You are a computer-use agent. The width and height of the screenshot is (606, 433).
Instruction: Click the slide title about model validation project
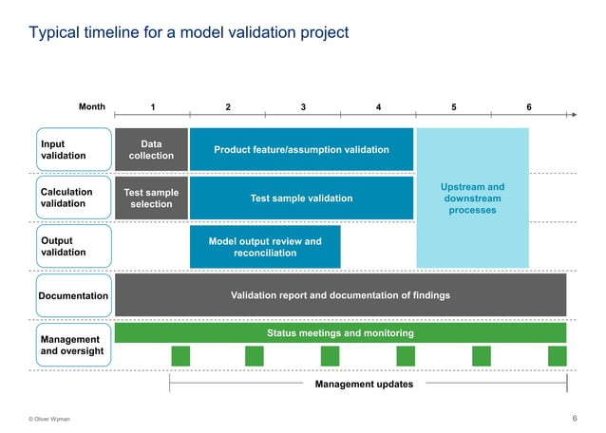[x=189, y=33]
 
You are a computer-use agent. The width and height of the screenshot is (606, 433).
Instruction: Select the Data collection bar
[x=151, y=150]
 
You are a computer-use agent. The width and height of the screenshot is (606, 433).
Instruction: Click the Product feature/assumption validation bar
[x=301, y=150]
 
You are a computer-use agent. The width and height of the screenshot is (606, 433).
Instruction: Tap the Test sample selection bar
[x=151, y=198]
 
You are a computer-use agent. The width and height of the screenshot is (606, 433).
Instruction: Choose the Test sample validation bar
[x=301, y=198]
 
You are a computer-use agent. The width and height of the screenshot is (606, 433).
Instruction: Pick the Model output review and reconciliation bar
[x=264, y=247]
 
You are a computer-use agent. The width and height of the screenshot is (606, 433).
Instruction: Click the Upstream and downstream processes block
[x=472, y=198]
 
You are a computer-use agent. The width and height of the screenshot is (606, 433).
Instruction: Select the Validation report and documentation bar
[x=340, y=295]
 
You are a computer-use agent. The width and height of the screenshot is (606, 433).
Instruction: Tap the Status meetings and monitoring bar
[x=340, y=333]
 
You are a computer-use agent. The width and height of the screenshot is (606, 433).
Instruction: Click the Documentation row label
[x=73, y=296]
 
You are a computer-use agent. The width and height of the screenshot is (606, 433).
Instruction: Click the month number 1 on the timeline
[x=152, y=107]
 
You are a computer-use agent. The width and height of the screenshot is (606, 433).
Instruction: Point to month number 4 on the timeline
[x=379, y=107]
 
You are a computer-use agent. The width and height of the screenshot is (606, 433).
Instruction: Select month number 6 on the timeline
[x=529, y=107]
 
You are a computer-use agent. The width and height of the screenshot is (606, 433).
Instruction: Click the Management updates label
[x=364, y=385]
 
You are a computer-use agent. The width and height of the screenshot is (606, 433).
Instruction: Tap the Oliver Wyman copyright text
[x=49, y=419]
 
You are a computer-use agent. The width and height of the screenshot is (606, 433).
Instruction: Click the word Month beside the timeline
[x=92, y=107]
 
